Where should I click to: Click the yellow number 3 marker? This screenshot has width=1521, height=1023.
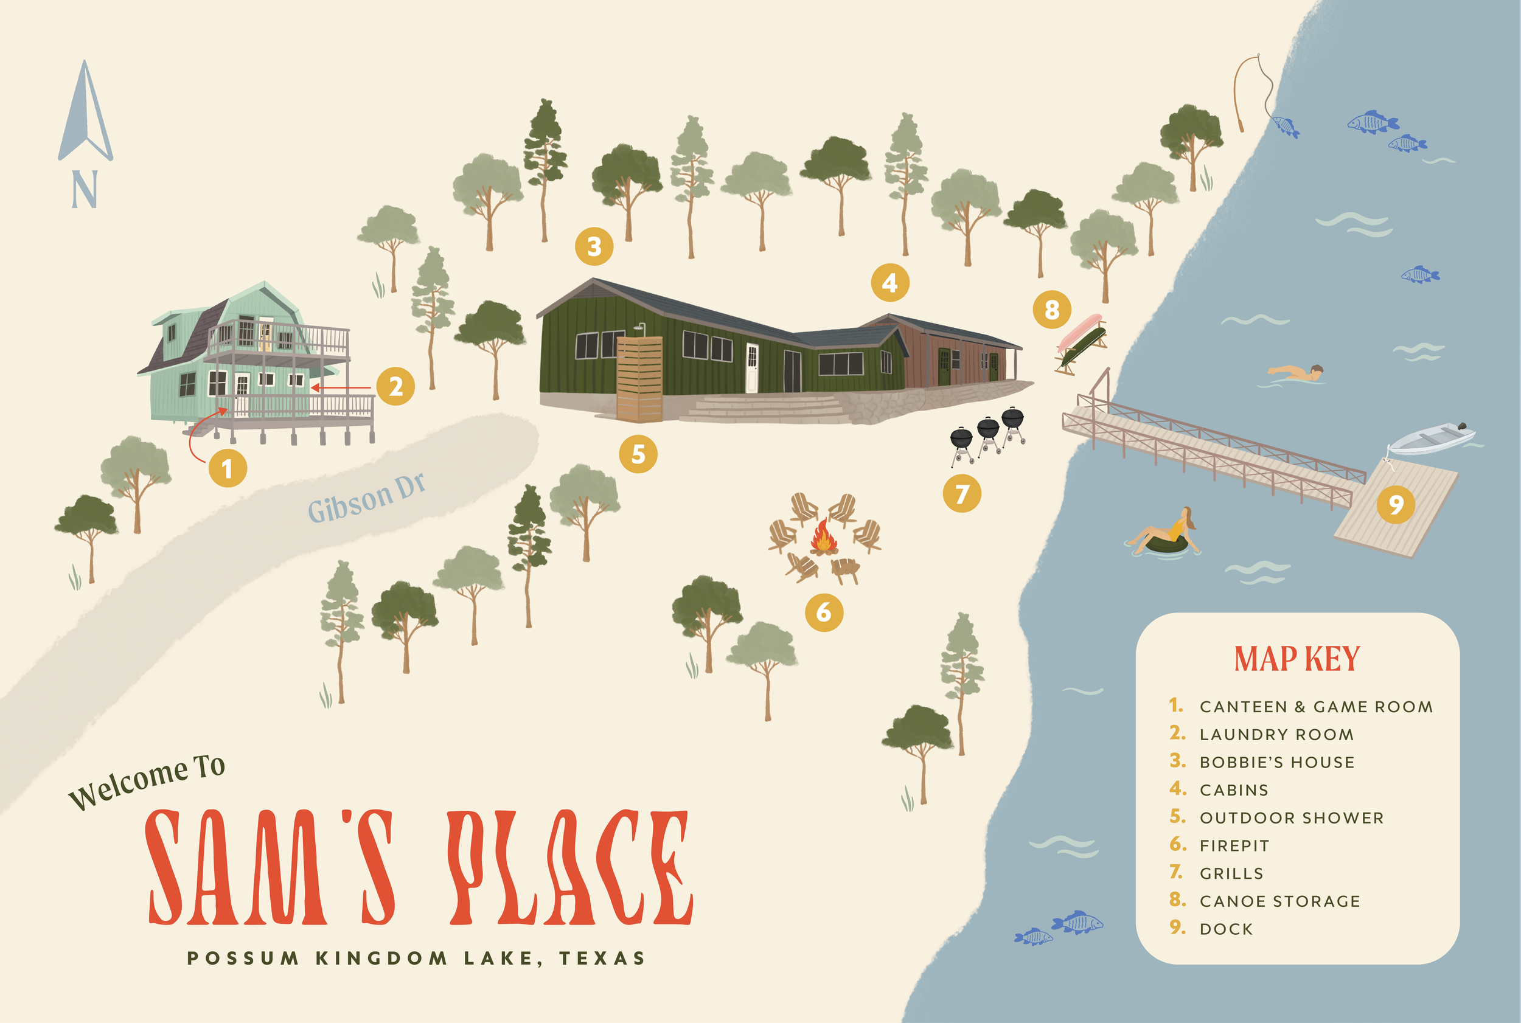point(594,246)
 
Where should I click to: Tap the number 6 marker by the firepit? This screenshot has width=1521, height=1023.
point(824,612)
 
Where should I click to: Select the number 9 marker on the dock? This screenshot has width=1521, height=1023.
point(1396,504)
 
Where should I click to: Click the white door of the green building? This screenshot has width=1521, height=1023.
point(752,367)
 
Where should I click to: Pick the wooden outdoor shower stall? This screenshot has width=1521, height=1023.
point(639,378)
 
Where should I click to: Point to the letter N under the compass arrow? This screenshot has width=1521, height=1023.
point(85,189)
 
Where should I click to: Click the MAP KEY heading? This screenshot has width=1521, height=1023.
point(1297,659)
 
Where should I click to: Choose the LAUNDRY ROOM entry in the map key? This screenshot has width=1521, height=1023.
point(1276,735)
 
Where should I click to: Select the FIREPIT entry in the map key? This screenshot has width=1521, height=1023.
point(1234,845)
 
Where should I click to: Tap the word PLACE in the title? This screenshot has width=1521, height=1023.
point(571,868)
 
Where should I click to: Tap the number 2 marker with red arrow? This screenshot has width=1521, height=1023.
point(395,387)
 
